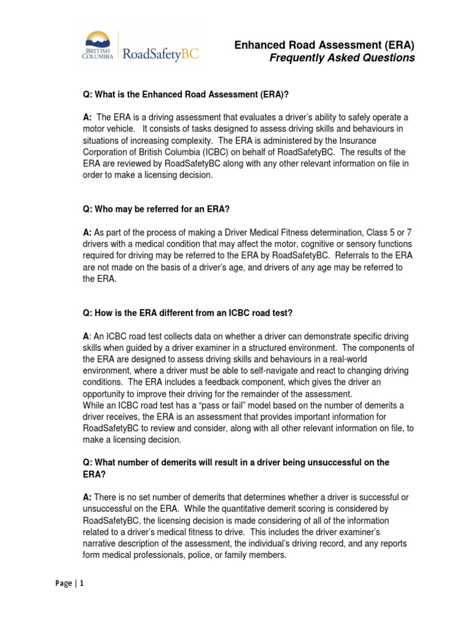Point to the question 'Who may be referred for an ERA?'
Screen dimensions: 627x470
[x=156, y=209]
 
